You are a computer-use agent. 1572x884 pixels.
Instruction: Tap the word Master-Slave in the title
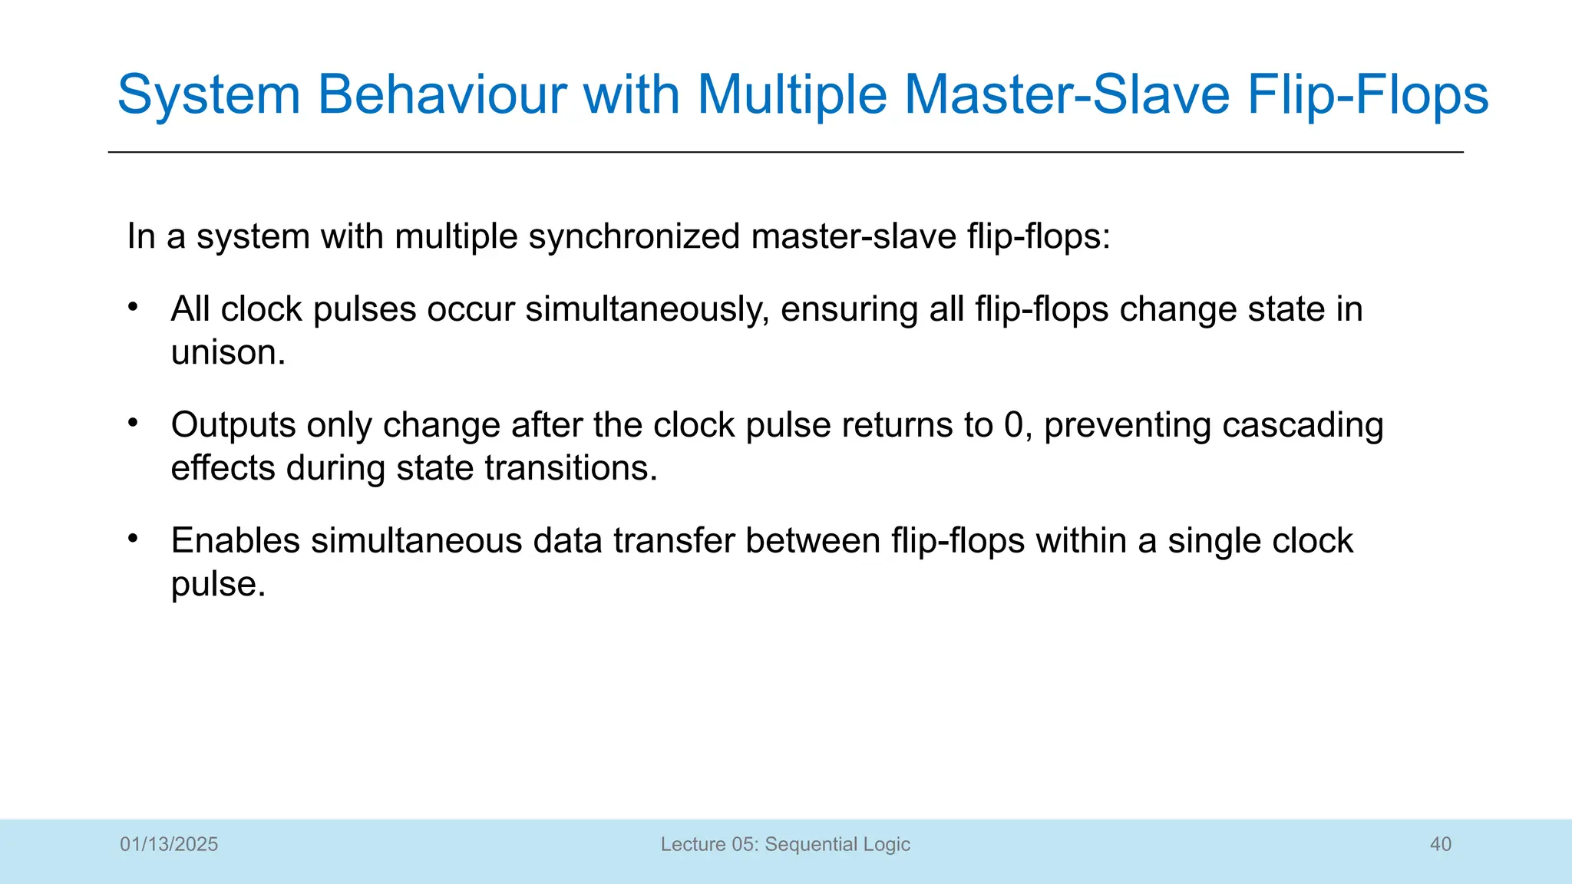pyautogui.click(x=1067, y=95)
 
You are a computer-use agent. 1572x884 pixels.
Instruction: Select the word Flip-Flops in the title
pyautogui.click(x=1368, y=95)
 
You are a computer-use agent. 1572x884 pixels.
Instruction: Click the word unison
pyautogui.click(x=228, y=353)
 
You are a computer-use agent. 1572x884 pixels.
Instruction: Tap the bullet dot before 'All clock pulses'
pyautogui.click(x=133, y=307)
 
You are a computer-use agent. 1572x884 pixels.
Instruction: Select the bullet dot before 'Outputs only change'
pyautogui.click(x=133, y=423)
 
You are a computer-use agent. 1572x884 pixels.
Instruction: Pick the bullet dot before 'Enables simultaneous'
pyautogui.click(x=133, y=539)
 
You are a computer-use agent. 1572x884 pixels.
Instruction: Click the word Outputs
pyautogui.click(x=233, y=426)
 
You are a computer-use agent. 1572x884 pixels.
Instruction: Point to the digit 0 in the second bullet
pyautogui.click(x=1013, y=426)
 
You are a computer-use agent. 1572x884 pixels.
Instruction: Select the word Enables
pyautogui.click(x=235, y=541)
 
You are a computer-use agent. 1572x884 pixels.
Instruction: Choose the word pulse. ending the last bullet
pyautogui.click(x=218, y=585)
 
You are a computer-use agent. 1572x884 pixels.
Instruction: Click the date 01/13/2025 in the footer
pyautogui.click(x=169, y=844)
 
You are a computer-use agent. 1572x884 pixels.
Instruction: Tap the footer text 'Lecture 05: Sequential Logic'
pyautogui.click(x=785, y=844)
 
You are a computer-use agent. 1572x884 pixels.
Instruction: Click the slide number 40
pyautogui.click(x=1440, y=844)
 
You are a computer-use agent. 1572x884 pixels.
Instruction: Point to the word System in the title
pyautogui.click(x=209, y=95)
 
